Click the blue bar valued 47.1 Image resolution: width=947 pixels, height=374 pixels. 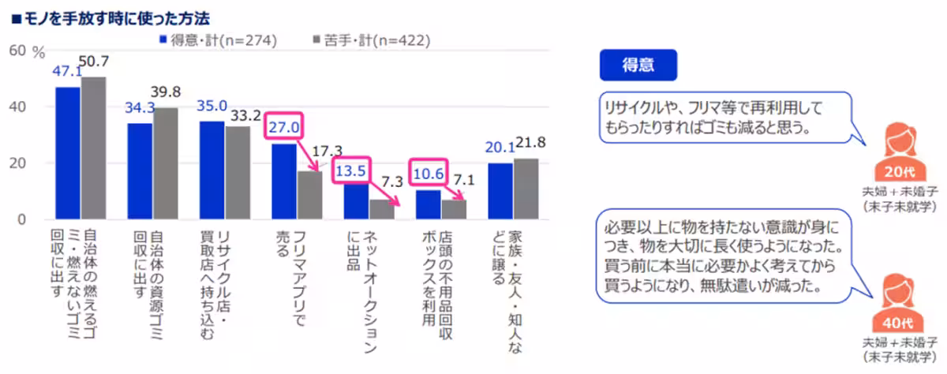click(67, 153)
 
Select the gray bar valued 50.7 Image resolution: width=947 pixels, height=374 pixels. click(93, 148)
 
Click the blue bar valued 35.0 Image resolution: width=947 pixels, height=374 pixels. click(211, 170)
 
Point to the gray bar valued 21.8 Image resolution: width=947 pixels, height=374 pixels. click(526, 189)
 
